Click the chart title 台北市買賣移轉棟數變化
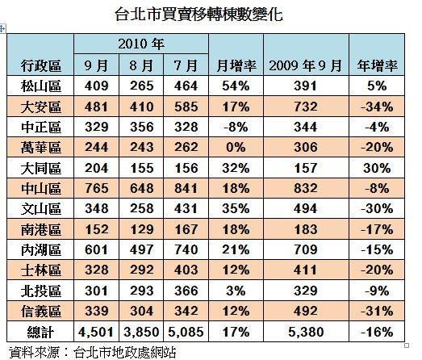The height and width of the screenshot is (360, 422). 198,15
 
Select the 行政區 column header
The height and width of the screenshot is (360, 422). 41,66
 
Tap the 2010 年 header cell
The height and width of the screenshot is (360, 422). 141,44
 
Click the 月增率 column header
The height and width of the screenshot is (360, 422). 236,66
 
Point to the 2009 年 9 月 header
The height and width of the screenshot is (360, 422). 306,66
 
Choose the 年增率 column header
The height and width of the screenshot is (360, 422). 377,66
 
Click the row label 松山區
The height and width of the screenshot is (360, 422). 41,86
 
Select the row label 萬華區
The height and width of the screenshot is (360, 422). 41,148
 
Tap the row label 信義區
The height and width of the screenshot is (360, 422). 41,312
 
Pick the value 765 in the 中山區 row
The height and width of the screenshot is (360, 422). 97,188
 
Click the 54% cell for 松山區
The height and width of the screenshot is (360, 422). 236,86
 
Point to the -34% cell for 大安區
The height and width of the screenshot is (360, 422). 377,107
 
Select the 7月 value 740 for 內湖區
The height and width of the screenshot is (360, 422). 186,249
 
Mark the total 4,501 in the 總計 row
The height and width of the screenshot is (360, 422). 96,332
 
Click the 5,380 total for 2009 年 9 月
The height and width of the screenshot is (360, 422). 306,332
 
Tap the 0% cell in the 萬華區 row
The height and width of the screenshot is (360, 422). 236,148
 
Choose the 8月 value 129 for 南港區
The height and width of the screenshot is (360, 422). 141,229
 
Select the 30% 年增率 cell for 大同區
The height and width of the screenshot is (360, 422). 377,168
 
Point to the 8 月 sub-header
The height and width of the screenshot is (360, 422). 141,66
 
